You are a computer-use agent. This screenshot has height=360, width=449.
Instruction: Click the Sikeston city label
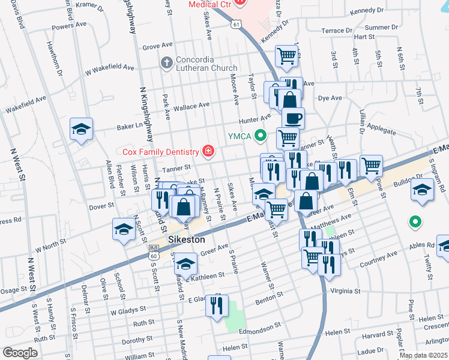(x=187, y=239)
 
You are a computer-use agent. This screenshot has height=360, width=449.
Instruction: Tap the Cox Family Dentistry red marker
(x=208, y=151)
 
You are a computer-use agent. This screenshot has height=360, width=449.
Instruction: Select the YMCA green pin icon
(x=260, y=135)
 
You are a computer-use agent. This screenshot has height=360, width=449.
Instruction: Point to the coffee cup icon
(x=293, y=118)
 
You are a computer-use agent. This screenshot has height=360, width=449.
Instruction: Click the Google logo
(x=20, y=352)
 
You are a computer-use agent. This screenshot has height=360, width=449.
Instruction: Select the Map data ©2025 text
(x=423, y=355)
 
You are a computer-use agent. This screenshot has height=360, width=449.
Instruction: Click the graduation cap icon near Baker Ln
(x=81, y=129)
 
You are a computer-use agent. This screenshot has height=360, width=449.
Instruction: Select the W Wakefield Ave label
(x=109, y=69)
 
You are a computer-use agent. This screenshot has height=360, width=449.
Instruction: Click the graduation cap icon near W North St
(x=124, y=229)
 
